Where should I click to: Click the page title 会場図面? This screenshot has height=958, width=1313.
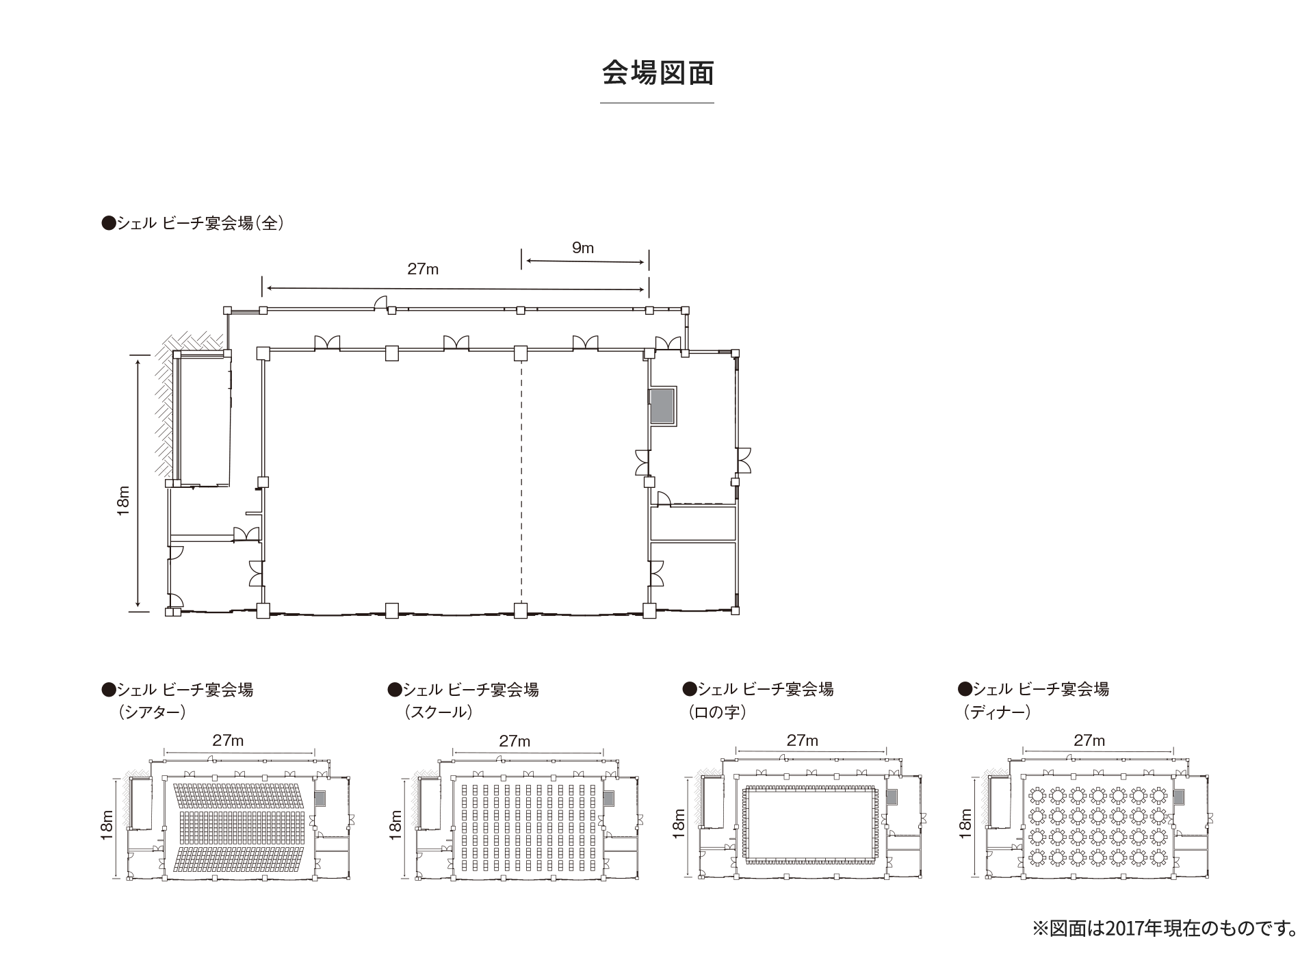pyautogui.click(x=657, y=73)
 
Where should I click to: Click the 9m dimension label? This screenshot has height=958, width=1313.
pyautogui.click(x=583, y=248)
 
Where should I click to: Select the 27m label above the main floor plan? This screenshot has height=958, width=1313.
pyautogui.click(x=423, y=269)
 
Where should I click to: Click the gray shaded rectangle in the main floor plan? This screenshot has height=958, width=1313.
pyautogui.click(x=662, y=406)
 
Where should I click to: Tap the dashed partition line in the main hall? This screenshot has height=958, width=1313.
pyautogui.click(x=521, y=479)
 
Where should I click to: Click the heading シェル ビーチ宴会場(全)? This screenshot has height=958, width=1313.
pyautogui.click(x=192, y=223)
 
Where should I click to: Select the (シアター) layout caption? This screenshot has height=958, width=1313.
pyautogui.click(x=152, y=712)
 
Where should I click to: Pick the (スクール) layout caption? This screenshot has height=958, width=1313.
pyautogui.click(x=439, y=712)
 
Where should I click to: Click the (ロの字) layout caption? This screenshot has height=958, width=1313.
pyautogui.click(x=717, y=712)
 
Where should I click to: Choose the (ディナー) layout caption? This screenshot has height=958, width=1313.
pyautogui.click(x=996, y=712)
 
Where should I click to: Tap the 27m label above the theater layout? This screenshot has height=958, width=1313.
pyautogui.click(x=228, y=740)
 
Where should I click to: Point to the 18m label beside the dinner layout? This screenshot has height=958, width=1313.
pyautogui.click(x=965, y=823)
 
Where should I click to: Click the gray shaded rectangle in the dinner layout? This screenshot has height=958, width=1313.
pyautogui.click(x=1179, y=797)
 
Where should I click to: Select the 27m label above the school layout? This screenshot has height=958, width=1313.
pyautogui.click(x=515, y=741)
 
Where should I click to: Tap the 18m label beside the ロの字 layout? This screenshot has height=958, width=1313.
pyautogui.click(x=678, y=823)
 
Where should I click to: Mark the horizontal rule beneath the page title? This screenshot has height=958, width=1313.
pyautogui.click(x=657, y=103)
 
